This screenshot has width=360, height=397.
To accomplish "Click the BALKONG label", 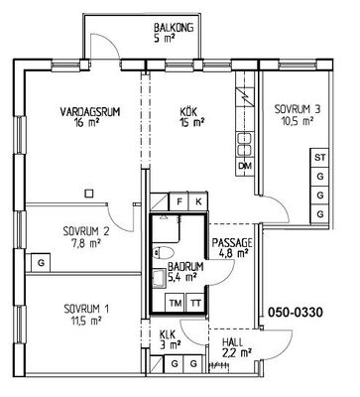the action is point(174,28).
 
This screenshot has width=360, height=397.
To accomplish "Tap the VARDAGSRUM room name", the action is point(89,111).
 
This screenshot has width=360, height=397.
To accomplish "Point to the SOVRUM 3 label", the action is point(298,109).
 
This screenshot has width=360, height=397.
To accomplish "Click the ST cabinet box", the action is point(319,158).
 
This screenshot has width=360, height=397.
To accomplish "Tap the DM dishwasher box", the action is point(245,166).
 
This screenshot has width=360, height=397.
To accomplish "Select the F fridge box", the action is point(180,201).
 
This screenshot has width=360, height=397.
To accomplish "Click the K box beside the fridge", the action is point(198,201).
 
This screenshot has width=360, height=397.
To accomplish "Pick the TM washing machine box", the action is point(176,303).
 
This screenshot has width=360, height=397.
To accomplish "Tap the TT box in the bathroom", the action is point(195,303).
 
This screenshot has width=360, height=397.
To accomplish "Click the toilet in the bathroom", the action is point(163,253).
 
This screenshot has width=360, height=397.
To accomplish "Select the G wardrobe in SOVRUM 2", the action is point(41,263).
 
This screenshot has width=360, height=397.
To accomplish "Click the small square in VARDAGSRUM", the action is point(89,194).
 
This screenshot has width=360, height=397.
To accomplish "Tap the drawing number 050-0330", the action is point(295,312).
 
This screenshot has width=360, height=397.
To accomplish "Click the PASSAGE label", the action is point(232,243).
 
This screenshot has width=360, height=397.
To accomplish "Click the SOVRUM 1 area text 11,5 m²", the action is point(87,321).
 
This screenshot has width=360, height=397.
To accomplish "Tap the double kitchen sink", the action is point(245,145).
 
